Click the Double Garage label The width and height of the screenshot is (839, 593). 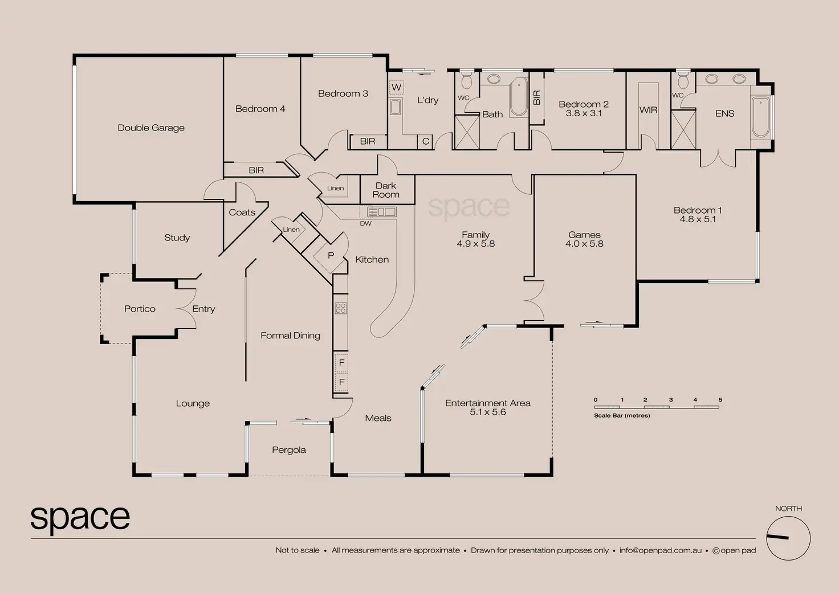[x=151, y=128]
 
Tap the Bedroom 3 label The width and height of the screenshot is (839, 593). [x=343, y=93]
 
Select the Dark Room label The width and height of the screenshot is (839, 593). [x=386, y=190]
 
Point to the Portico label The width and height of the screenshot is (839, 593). [x=140, y=309]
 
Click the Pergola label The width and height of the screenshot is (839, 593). [x=289, y=450]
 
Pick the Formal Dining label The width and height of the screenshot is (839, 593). [x=290, y=336]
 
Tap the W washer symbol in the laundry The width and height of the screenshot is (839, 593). [x=396, y=88]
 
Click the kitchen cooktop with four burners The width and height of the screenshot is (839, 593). [x=341, y=308]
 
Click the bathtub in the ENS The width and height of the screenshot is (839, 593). [x=760, y=117]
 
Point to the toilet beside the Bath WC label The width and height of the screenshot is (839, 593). [x=466, y=81]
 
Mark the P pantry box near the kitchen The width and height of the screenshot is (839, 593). [x=331, y=256]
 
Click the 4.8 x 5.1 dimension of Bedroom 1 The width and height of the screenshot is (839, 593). [x=698, y=219]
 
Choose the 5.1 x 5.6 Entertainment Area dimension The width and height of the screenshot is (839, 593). [x=488, y=412]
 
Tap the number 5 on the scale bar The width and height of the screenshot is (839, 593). [x=720, y=400]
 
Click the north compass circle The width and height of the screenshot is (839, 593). [x=788, y=538]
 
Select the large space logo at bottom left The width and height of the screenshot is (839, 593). [x=80, y=518]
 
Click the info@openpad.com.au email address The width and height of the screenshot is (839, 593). [x=661, y=550]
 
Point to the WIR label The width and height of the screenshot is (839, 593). [x=648, y=110]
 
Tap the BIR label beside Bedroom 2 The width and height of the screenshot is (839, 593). [x=536, y=97]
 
